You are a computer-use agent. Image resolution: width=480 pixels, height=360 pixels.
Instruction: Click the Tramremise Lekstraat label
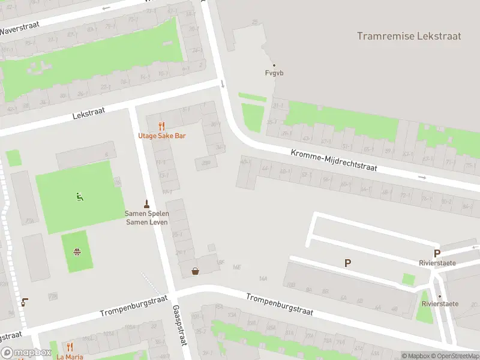pos(409,36)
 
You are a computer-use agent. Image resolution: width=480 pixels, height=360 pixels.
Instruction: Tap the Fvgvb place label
pos(274,73)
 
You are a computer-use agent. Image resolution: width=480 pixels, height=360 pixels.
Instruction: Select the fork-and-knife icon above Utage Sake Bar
pos(161,127)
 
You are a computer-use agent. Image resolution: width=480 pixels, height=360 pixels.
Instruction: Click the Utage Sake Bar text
pos(162,136)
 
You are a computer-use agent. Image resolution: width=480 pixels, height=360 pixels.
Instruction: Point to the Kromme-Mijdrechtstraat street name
pos(334,160)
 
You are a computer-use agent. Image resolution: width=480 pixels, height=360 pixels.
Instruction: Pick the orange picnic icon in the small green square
pos(77,251)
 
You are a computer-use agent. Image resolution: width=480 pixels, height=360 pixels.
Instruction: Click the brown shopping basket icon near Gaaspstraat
pos(196,271)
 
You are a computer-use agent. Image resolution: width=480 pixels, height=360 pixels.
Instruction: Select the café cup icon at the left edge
pos(24,302)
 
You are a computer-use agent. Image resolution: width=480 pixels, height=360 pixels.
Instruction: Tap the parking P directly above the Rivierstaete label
pos(437,253)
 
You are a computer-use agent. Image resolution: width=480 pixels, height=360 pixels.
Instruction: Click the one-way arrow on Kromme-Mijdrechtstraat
pos(422,178)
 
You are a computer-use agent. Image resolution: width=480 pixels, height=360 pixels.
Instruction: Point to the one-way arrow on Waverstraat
pos(107,8)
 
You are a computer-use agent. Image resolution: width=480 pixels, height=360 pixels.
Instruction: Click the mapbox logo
pos(26,353)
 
